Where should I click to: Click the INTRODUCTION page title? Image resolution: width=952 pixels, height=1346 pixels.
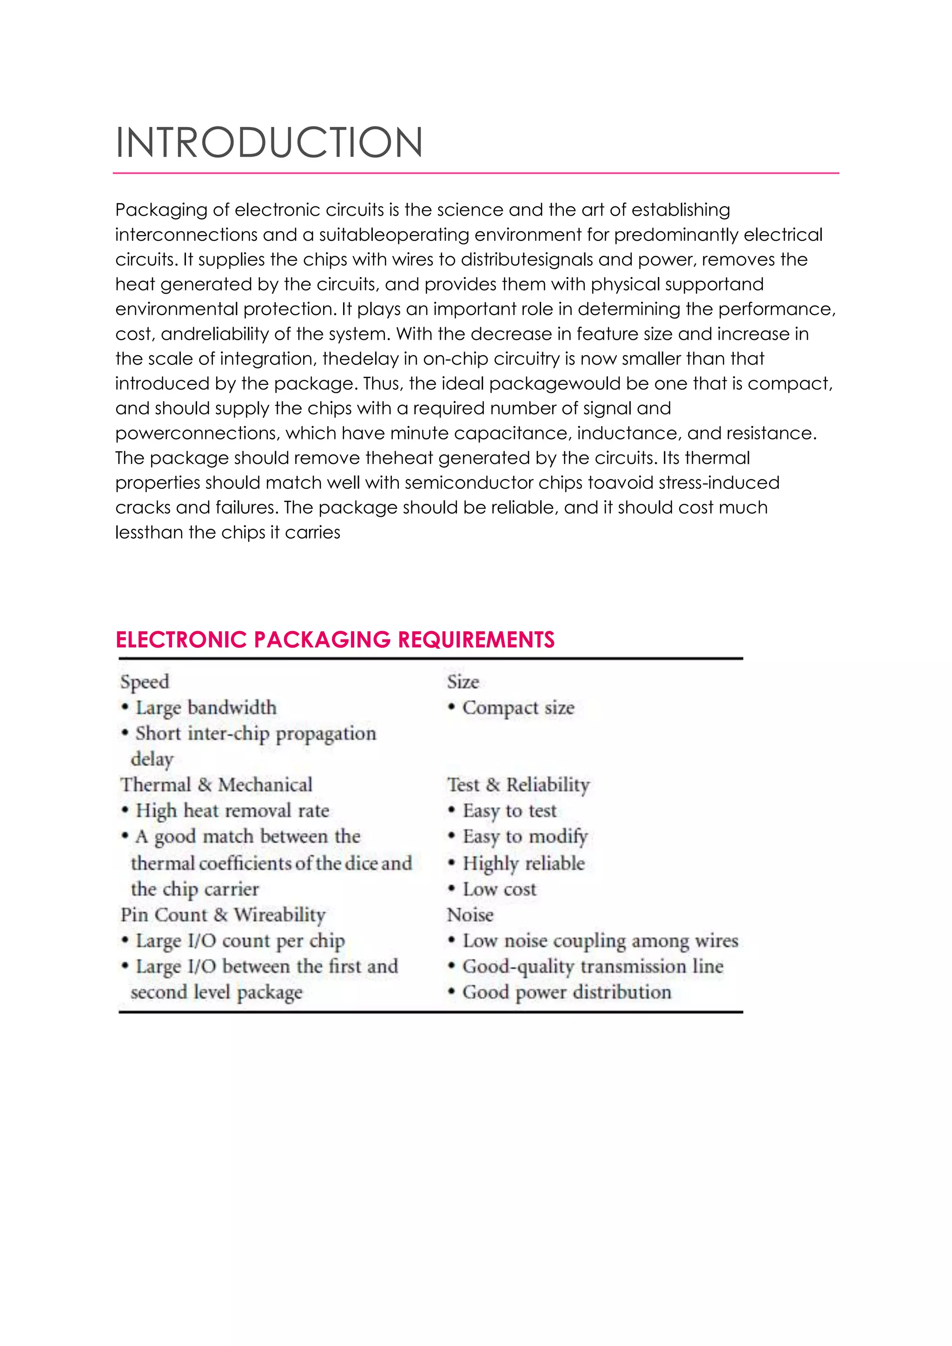269,143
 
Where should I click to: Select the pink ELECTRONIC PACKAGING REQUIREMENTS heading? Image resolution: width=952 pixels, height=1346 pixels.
335,639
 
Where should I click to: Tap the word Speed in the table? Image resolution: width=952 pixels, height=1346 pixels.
145,682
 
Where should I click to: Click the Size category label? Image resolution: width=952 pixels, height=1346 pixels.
463,682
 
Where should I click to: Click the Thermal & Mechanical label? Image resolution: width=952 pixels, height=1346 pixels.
216,785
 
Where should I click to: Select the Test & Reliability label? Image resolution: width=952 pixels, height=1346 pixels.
518,785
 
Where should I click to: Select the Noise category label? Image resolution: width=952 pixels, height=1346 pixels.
470,915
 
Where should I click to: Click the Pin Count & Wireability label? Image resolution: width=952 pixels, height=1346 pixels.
223,915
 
